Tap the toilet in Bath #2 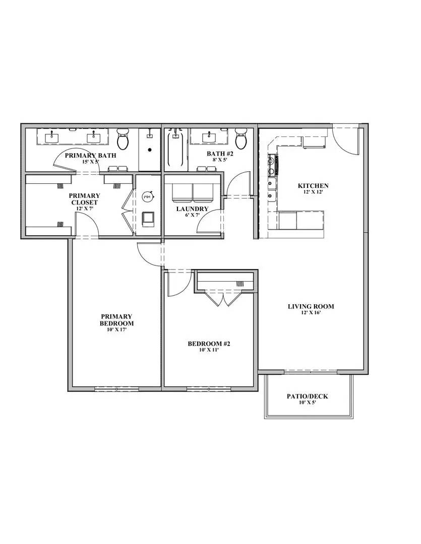[x=241, y=139]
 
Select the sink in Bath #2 [x=208, y=137]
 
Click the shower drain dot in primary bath [x=149, y=149]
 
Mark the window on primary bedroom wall [x=116, y=389]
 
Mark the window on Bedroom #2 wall [x=209, y=389]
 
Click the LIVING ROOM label [x=311, y=306]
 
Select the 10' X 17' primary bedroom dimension [x=116, y=330]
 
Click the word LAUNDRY [x=192, y=209]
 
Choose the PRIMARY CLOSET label [x=84, y=199]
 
